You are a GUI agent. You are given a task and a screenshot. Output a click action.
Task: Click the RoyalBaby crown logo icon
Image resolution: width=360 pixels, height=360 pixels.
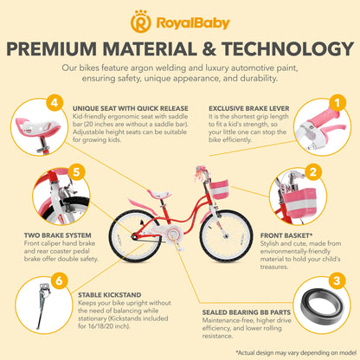tap(140, 22)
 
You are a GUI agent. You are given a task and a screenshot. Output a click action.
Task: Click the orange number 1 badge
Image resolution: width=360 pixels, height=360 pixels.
tap(337, 102)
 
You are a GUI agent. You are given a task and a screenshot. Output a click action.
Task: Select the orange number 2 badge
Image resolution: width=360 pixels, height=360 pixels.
tap(312, 172)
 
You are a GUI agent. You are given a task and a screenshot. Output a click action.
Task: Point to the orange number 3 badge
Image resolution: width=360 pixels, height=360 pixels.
tap(337, 280)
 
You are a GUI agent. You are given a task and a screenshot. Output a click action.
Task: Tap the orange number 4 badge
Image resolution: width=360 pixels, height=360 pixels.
tap(55, 102)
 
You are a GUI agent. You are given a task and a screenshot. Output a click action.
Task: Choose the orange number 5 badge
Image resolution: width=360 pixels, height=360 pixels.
tap(76, 172)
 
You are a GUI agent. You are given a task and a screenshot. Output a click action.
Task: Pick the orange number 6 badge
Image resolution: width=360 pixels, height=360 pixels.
tap(59, 280)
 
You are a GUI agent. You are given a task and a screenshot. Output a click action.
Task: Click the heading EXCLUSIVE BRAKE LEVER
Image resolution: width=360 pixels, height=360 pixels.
tap(249, 108)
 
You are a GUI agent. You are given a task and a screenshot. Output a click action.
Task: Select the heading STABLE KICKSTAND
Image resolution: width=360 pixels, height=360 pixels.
tap(110, 295)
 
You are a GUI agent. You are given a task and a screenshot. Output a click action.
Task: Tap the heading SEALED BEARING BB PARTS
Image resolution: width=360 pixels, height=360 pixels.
tap(247, 312)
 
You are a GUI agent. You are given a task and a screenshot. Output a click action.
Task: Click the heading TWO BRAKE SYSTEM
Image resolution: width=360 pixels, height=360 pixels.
tap(58, 235)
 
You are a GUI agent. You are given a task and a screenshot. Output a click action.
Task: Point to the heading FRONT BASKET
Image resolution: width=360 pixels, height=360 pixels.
tap(286, 235)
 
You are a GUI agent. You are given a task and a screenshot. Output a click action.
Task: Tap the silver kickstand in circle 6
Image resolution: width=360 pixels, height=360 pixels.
tap(42, 305)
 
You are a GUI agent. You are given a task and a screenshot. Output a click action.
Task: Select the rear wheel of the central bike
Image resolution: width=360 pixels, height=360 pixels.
tap(135, 236)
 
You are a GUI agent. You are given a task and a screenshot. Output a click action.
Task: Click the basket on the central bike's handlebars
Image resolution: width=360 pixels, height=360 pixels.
tap(219, 190)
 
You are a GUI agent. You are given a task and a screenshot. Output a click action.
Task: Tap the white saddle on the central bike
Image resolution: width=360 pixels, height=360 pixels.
tap(159, 194)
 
